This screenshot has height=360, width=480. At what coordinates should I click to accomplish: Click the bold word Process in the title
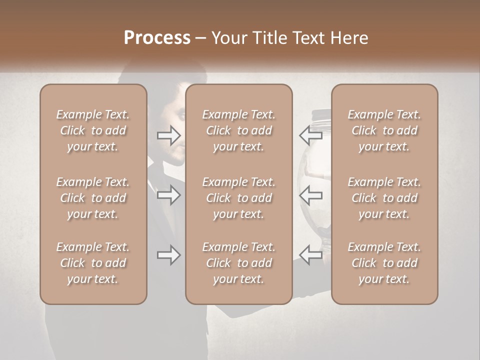pos(157,38)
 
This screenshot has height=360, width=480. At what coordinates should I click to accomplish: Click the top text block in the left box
pos(93,130)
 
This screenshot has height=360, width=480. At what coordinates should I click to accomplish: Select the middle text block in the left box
pos(93,198)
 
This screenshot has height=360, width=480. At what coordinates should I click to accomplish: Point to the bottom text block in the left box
pos(93,263)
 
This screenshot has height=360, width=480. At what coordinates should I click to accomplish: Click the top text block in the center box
pos(239,130)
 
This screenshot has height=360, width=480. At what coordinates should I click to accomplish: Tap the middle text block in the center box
pos(239,198)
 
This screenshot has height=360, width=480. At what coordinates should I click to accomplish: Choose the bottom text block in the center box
pos(239,263)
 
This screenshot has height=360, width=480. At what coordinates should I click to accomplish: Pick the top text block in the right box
pos(384,130)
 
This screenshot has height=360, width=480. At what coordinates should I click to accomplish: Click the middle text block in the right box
pos(384,198)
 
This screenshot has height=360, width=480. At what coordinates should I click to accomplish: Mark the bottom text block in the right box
pos(384,263)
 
